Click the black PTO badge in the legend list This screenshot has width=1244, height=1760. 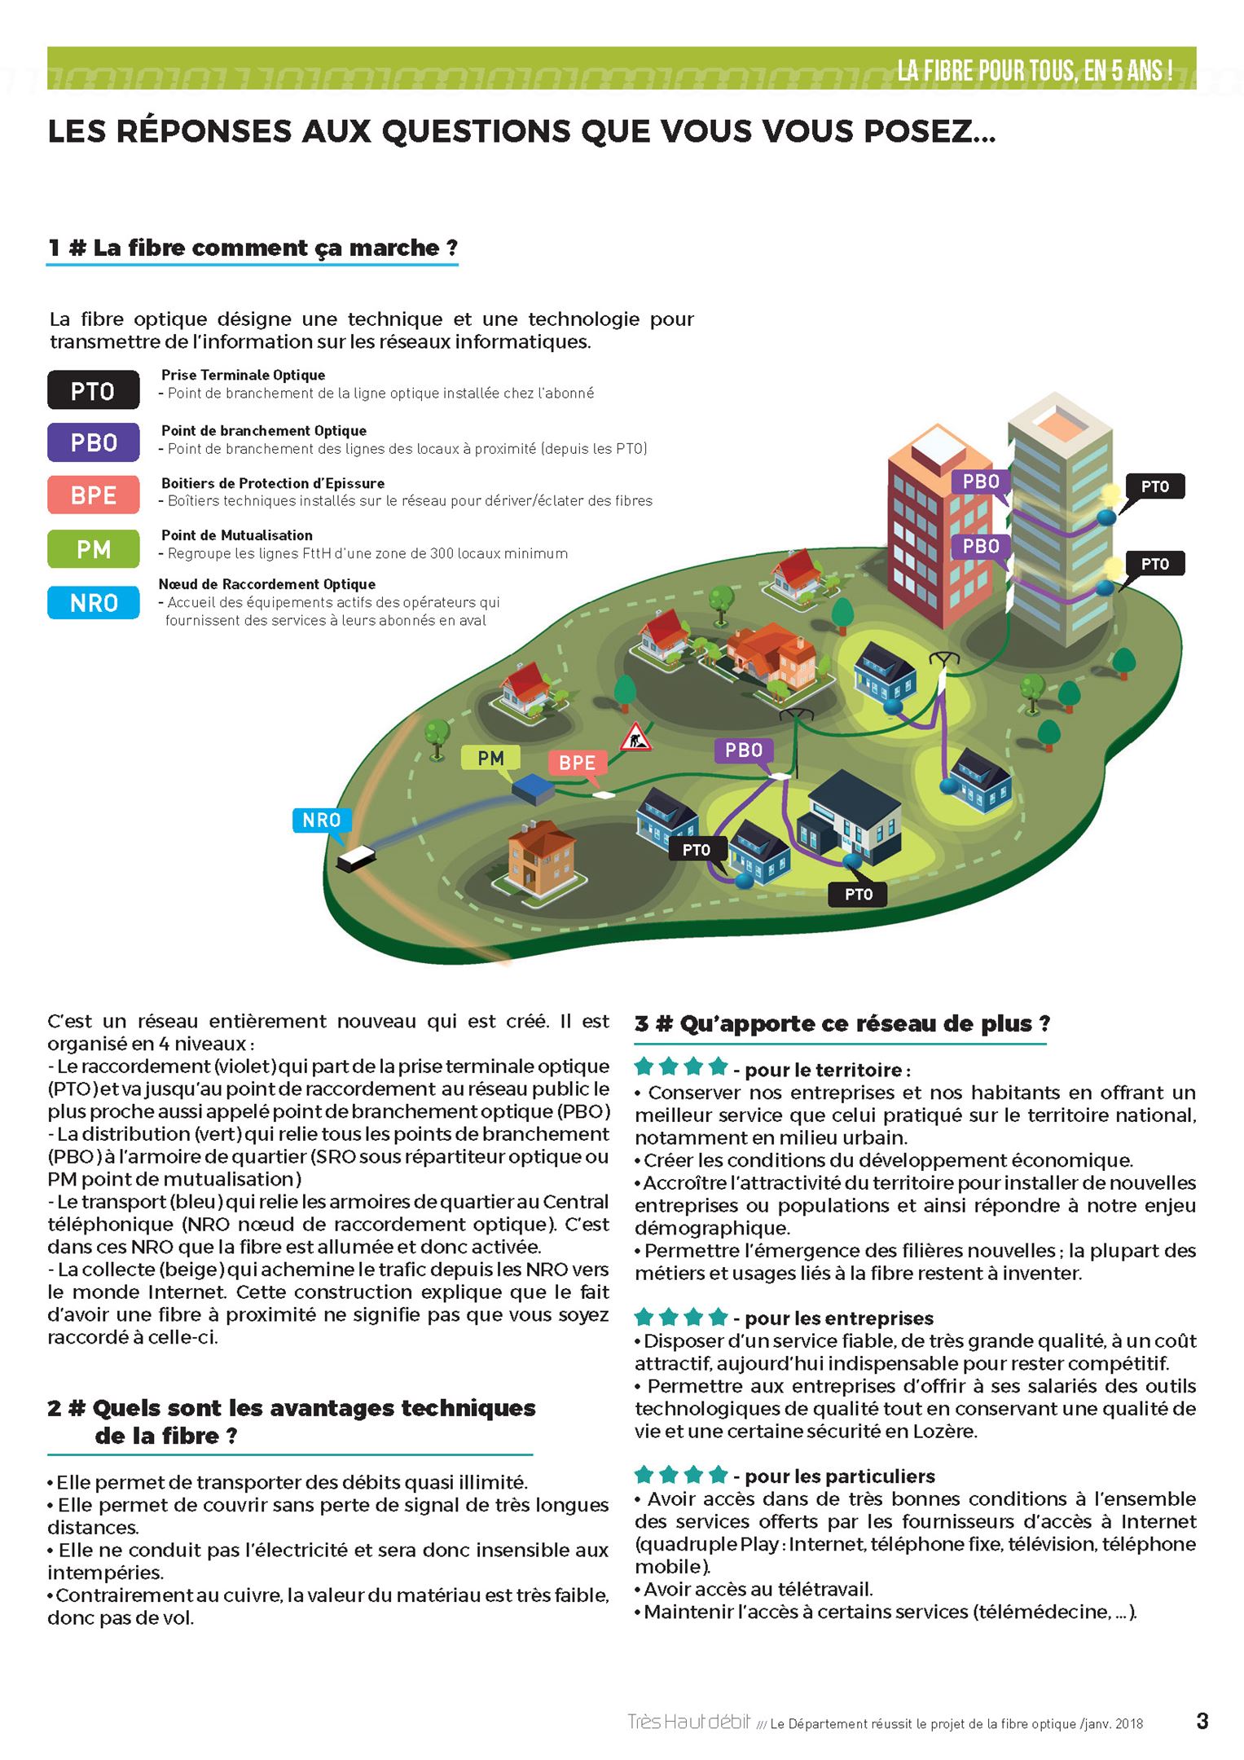pos(93,390)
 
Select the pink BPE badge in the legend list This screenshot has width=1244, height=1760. pos(93,495)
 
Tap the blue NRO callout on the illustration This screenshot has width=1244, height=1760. pos(321,820)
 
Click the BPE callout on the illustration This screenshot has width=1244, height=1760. pos(577,763)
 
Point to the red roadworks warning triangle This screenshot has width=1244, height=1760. pos(635,737)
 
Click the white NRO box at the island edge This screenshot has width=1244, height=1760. pos(357,858)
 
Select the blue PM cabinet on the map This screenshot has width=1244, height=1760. pos(533,787)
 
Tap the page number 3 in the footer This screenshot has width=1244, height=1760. pos(1202,1722)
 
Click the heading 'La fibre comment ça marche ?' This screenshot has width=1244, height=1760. pos(253,248)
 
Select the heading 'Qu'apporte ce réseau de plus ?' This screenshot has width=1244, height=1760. pos(842,1023)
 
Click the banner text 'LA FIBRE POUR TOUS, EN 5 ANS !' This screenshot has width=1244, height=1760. pos(1035,71)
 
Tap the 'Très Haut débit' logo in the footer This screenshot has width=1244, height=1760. pos(688,1722)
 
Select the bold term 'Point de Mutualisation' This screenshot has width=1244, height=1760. pos(236,535)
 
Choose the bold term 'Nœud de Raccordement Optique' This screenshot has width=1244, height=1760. pos(266,584)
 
